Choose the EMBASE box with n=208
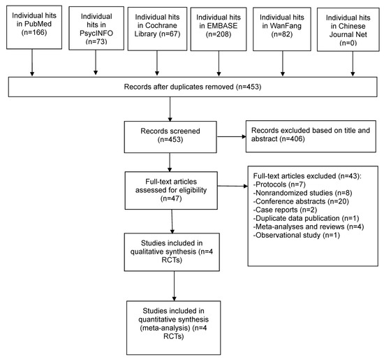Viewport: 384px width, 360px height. (221, 26)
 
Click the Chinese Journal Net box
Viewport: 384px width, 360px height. (347, 26)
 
